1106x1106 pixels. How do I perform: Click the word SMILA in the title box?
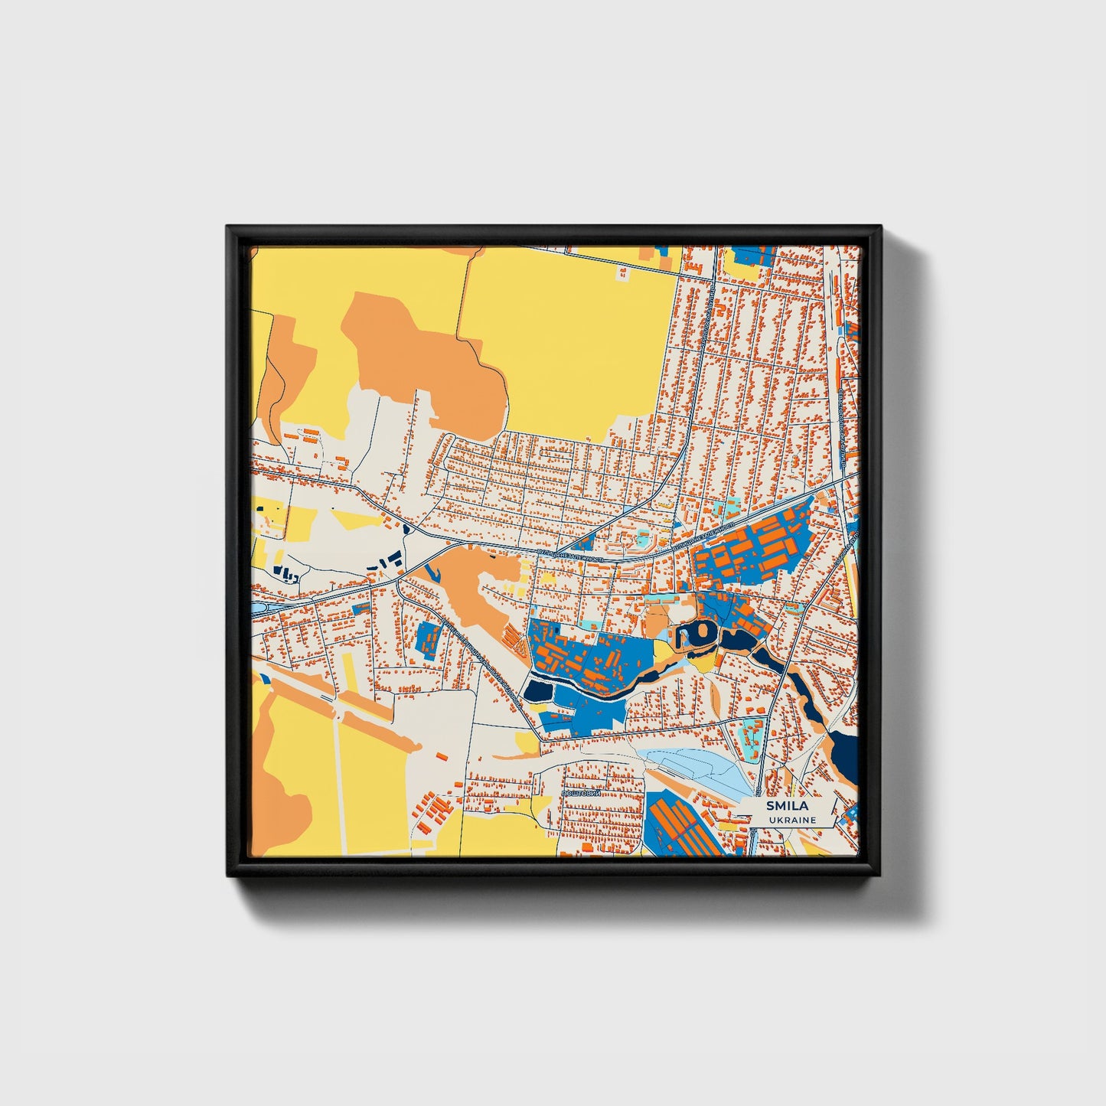783,806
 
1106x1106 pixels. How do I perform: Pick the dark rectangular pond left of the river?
537,692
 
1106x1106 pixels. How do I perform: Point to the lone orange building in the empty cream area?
442,756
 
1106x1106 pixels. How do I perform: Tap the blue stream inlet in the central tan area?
432,571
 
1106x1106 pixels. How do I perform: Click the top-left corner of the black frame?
228,227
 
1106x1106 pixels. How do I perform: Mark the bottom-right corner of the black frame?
881,876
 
